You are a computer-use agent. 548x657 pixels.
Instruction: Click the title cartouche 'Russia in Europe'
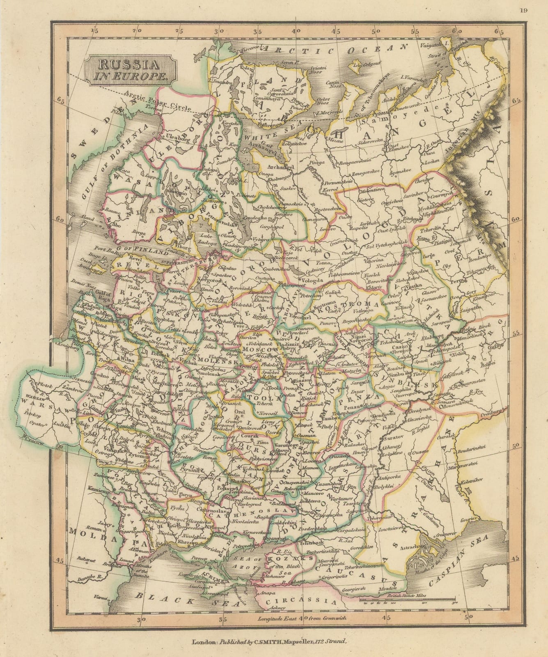[130, 69]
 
